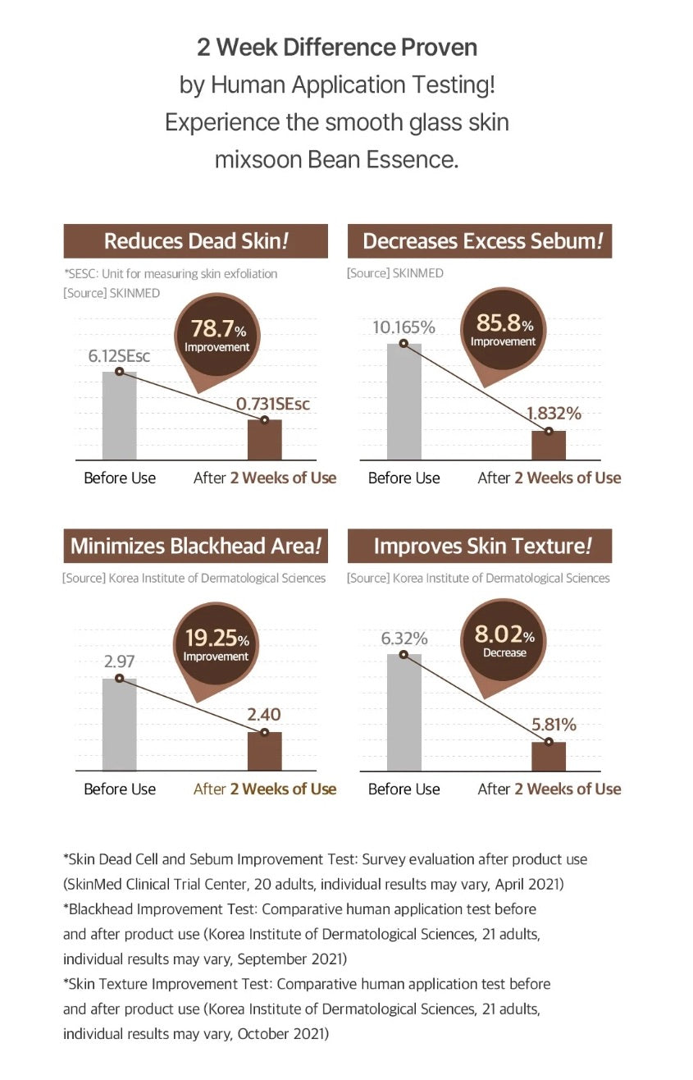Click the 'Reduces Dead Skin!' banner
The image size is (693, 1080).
195,241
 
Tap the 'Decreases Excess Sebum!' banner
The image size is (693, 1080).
480,241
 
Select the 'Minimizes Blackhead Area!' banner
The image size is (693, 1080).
195,546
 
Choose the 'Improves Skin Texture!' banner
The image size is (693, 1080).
480,546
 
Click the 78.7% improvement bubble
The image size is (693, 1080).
217,336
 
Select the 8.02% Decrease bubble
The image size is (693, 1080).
504,642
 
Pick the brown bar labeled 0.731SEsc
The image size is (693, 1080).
265,440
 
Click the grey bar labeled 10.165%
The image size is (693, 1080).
403,402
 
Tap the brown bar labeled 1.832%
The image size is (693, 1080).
549,446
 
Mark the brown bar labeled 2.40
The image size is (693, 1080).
265,751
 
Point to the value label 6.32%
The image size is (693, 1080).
404,638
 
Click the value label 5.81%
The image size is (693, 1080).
554,725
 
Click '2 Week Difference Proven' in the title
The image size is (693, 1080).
337,47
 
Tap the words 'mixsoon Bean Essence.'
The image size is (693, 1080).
336,158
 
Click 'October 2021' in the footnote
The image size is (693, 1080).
283,1033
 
